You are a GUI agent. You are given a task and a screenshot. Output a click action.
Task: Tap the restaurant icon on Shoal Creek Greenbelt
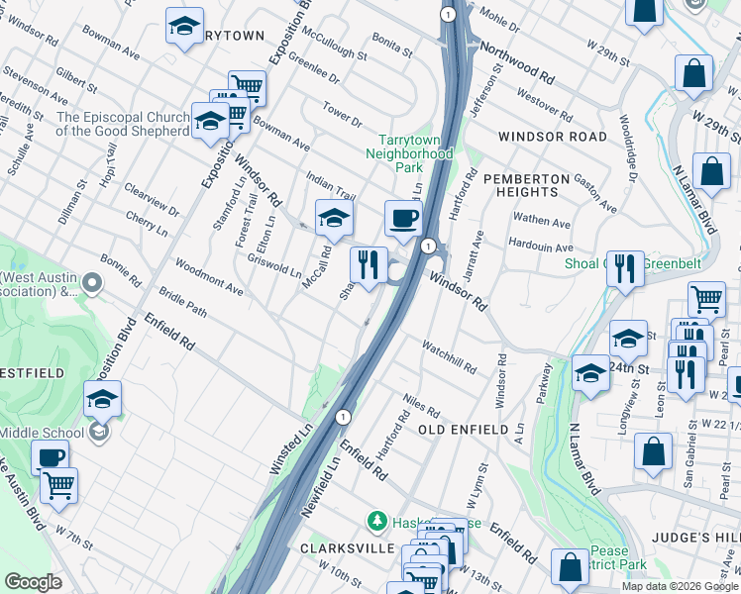pos(624,268)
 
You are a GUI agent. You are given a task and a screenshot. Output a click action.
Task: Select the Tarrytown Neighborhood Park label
pos(409,153)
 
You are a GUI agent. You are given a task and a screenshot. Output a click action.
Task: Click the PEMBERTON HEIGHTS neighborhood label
pos(527,185)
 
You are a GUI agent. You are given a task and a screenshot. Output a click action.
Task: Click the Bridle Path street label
pos(182,310)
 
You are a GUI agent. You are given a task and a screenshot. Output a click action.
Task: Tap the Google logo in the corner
pos(33,582)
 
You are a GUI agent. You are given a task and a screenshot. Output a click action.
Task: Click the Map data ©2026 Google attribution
pos(679,586)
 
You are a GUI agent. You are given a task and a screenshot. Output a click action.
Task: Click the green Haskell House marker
pos(375,520)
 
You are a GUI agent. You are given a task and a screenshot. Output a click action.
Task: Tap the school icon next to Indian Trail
pos(334,218)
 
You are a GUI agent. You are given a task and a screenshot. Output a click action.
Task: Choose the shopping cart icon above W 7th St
pos(59,485)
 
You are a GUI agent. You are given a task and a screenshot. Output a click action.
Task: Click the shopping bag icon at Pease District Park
pos(570,567)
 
